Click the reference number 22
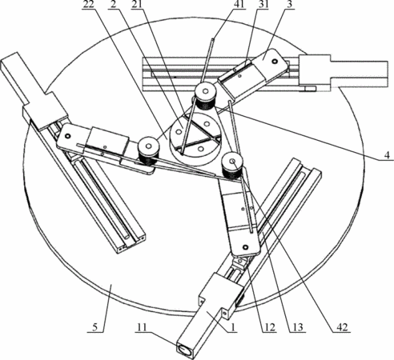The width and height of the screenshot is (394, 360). pos(88,5)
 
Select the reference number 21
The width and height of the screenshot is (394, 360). pos(136,5)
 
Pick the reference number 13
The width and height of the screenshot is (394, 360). pos(298,327)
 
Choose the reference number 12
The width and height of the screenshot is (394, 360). pos(269,327)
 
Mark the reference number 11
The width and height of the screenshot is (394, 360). pos(142,327)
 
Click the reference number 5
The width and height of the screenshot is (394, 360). pos(95,327)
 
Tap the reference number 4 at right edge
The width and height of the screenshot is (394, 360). pos(387,155)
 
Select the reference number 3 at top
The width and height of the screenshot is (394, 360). pos(288,5)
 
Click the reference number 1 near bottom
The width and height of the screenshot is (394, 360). pos(233,327)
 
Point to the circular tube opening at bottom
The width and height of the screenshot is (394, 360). pos(184,349)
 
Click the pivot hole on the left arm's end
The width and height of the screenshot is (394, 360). pos(66,136)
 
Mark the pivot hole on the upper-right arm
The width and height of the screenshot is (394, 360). pos(273,62)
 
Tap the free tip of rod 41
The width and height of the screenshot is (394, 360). pos(212,40)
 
